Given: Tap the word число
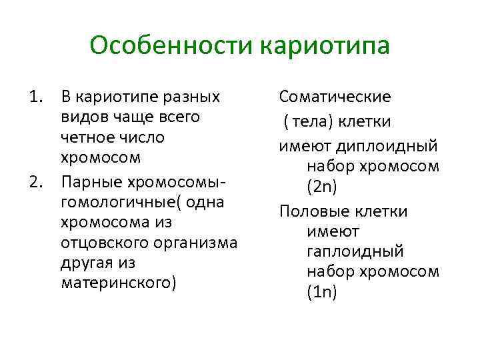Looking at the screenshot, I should pos(141,138).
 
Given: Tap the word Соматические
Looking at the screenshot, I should pos(335,97).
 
